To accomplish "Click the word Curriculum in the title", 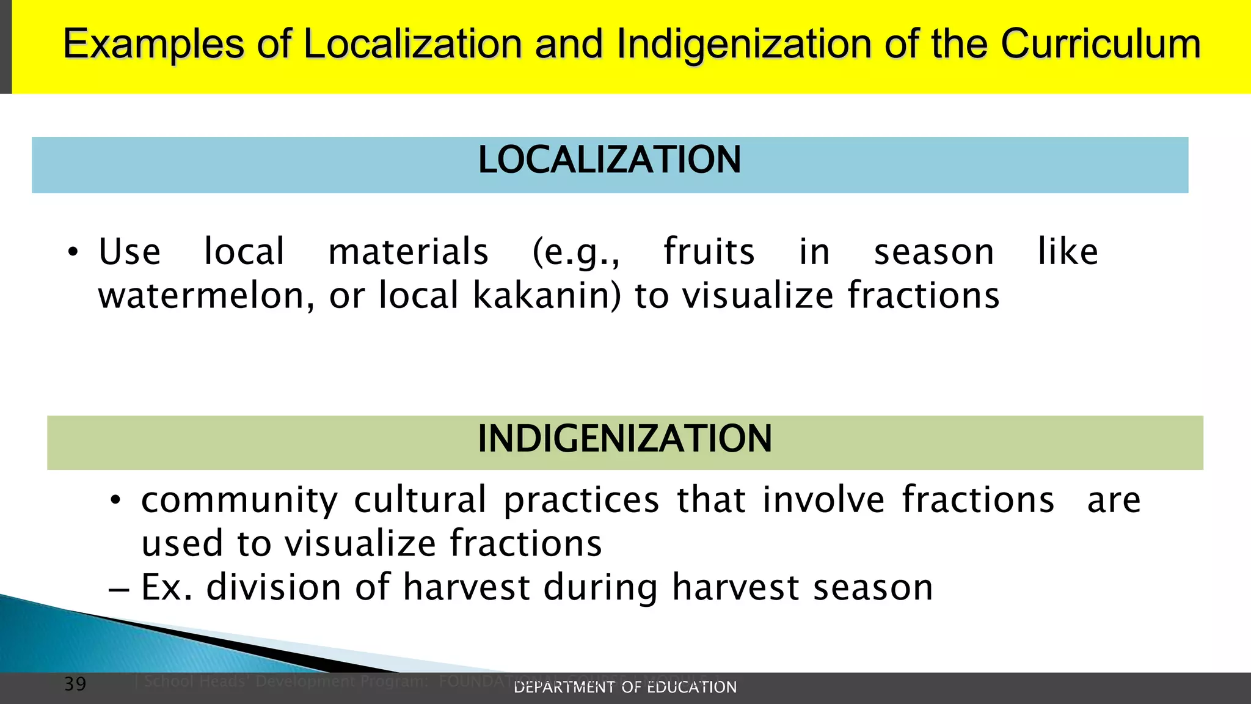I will (1100, 44).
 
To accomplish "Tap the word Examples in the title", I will (153, 44).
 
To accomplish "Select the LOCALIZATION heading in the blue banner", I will (609, 160).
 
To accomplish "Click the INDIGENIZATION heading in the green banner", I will (624, 439).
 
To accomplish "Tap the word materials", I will (408, 252).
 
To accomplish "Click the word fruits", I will (709, 252).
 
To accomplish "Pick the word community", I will (239, 501).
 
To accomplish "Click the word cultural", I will (420, 499).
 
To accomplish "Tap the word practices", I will (582, 501).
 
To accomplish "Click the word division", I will (273, 587).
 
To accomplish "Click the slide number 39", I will (75, 684).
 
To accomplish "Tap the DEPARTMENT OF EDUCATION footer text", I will (625, 687).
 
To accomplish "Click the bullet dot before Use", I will (73, 253).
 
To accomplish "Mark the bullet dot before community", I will (115, 501).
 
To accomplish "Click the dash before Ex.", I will (119, 590).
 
